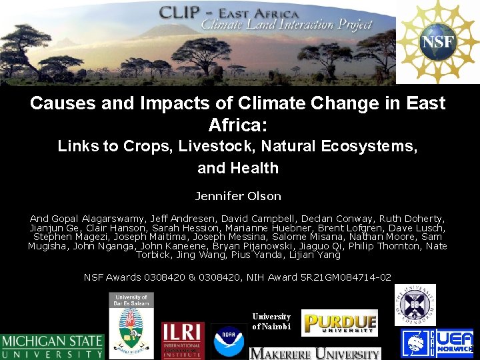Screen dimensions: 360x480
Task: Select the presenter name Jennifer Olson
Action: [238, 196]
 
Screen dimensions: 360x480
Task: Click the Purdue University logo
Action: [339, 323]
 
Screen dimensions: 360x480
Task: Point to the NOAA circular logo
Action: [229, 341]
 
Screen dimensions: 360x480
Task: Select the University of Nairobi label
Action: [271, 321]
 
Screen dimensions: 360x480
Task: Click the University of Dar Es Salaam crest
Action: [131, 325]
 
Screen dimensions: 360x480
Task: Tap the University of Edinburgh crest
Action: [415, 305]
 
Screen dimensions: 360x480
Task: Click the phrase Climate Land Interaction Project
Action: [287, 25]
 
